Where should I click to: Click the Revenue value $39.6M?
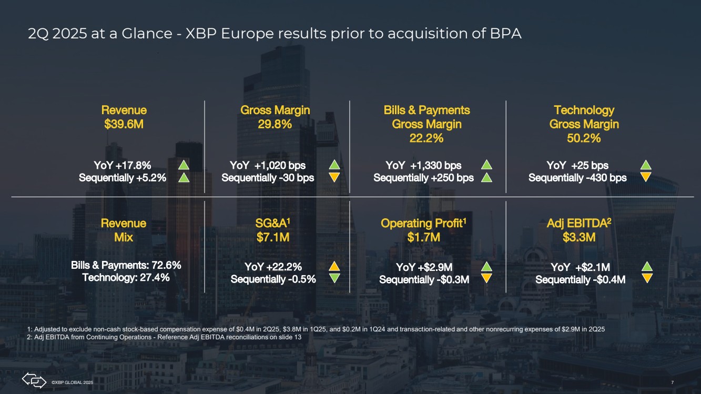[x=124, y=124]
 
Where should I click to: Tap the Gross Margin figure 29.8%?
[x=275, y=124]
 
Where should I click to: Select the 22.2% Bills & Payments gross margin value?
[x=426, y=138]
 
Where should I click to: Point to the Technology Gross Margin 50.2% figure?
[x=584, y=138]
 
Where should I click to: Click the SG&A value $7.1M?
[x=273, y=237]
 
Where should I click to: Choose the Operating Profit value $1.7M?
[x=424, y=237]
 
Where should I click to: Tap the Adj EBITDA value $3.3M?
[x=579, y=237]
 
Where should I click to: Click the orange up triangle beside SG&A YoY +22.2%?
[x=334, y=266]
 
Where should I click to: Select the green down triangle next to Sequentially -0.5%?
[x=334, y=278]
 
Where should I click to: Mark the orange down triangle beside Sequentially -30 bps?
[x=334, y=177]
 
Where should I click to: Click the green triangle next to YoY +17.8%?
[x=184, y=165]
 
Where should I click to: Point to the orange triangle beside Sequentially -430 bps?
[x=646, y=177]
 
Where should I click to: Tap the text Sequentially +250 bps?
[x=423, y=178]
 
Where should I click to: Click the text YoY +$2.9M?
[x=424, y=267]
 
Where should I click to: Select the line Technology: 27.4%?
[x=126, y=278]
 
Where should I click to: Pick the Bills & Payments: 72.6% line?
[x=126, y=265]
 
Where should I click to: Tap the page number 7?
[x=673, y=382]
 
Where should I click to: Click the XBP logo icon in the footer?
[x=34, y=380]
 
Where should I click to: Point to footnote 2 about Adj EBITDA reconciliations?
[x=164, y=337]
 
